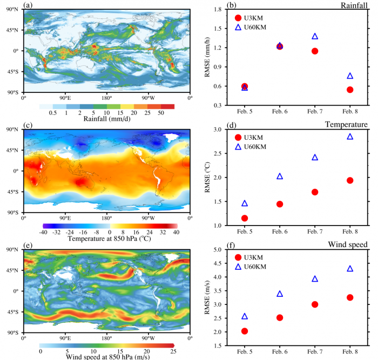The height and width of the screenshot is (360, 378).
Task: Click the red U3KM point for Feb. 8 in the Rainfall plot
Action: point(350,90)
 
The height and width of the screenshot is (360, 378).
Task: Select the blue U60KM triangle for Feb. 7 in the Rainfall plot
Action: point(315,36)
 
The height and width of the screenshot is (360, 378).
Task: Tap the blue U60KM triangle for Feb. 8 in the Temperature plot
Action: point(350,137)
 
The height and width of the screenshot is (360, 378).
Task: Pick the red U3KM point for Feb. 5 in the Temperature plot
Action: point(245,218)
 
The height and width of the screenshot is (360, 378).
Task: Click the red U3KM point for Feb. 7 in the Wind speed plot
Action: point(315,304)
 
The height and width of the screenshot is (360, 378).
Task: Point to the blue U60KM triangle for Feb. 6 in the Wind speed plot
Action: point(280,294)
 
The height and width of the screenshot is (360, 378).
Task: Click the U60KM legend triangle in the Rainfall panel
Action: point(238,27)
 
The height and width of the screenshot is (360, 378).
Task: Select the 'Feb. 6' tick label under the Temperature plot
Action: point(280,230)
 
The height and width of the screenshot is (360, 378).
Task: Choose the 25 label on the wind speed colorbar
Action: point(173,351)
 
